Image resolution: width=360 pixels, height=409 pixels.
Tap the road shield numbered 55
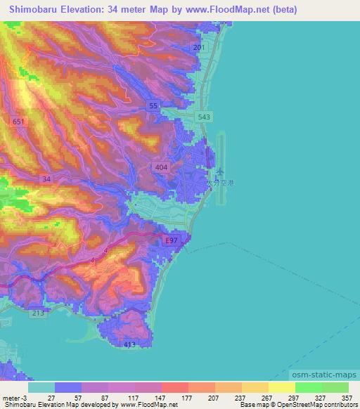pos(153,106)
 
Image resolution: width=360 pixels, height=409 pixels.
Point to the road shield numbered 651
pos(18,122)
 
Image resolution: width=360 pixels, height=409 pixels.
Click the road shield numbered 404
pos(161,167)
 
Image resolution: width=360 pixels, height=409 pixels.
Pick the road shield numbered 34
pos(46,179)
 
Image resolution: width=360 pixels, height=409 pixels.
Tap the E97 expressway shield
pos(169,241)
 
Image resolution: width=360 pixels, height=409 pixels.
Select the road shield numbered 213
pos(37,313)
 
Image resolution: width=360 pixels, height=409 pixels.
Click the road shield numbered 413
pos(129,344)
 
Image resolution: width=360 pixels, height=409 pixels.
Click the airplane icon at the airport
pos(221,171)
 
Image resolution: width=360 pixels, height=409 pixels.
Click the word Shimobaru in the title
pos(35,10)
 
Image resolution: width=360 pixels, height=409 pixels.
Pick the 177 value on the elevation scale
pos(188,398)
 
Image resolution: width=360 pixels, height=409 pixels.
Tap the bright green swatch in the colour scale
pos(308,387)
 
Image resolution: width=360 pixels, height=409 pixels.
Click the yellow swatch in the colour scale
pos(281,387)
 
